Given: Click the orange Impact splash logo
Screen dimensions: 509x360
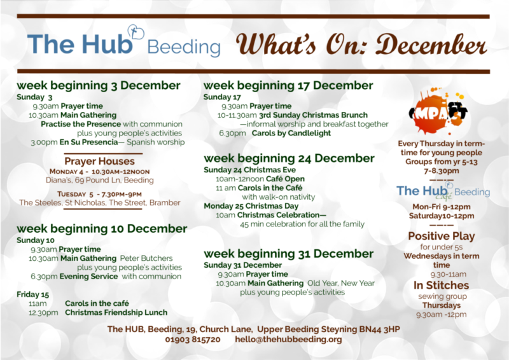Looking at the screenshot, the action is pyautogui.click(x=438, y=111).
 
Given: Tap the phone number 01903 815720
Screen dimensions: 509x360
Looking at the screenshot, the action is pyautogui.click(x=193, y=340).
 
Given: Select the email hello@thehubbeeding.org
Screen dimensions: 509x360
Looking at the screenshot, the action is pyautogui.click(x=288, y=340).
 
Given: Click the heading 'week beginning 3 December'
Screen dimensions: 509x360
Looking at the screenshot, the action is pyautogui.click(x=99, y=86).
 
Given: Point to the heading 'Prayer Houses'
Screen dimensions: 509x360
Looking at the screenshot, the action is pyautogui.click(x=99, y=161).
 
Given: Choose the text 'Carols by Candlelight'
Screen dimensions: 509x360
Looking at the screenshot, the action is pyautogui.click(x=291, y=133).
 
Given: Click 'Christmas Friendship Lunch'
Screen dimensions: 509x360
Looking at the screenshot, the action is pyautogui.click(x=116, y=312).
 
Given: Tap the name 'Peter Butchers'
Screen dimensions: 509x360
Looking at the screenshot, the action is pyautogui.click(x=146, y=258).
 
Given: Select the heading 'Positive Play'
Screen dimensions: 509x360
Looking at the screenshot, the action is pyautogui.click(x=442, y=236).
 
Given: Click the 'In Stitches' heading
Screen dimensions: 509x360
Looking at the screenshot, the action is pyautogui.click(x=441, y=286).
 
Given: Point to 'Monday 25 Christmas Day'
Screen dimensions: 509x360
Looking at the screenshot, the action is pyautogui.click(x=251, y=206).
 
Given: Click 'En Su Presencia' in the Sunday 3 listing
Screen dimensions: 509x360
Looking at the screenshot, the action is pyautogui.click(x=88, y=142).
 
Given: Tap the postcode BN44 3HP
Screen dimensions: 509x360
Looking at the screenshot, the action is pyautogui.click(x=379, y=329).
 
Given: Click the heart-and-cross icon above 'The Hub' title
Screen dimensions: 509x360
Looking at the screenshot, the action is pyautogui.click(x=136, y=32).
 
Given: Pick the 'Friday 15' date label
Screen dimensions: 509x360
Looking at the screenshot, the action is pyautogui.click(x=32, y=294).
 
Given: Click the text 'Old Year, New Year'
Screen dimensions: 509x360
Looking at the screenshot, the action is pyautogui.click(x=341, y=283).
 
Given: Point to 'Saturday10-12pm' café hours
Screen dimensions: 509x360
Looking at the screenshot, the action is pyautogui.click(x=442, y=216).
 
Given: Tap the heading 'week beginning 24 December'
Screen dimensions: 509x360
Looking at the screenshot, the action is pyautogui.click(x=289, y=158).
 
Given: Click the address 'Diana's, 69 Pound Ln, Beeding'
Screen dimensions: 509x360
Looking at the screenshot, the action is pyautogui.click(x=100, y=180).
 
